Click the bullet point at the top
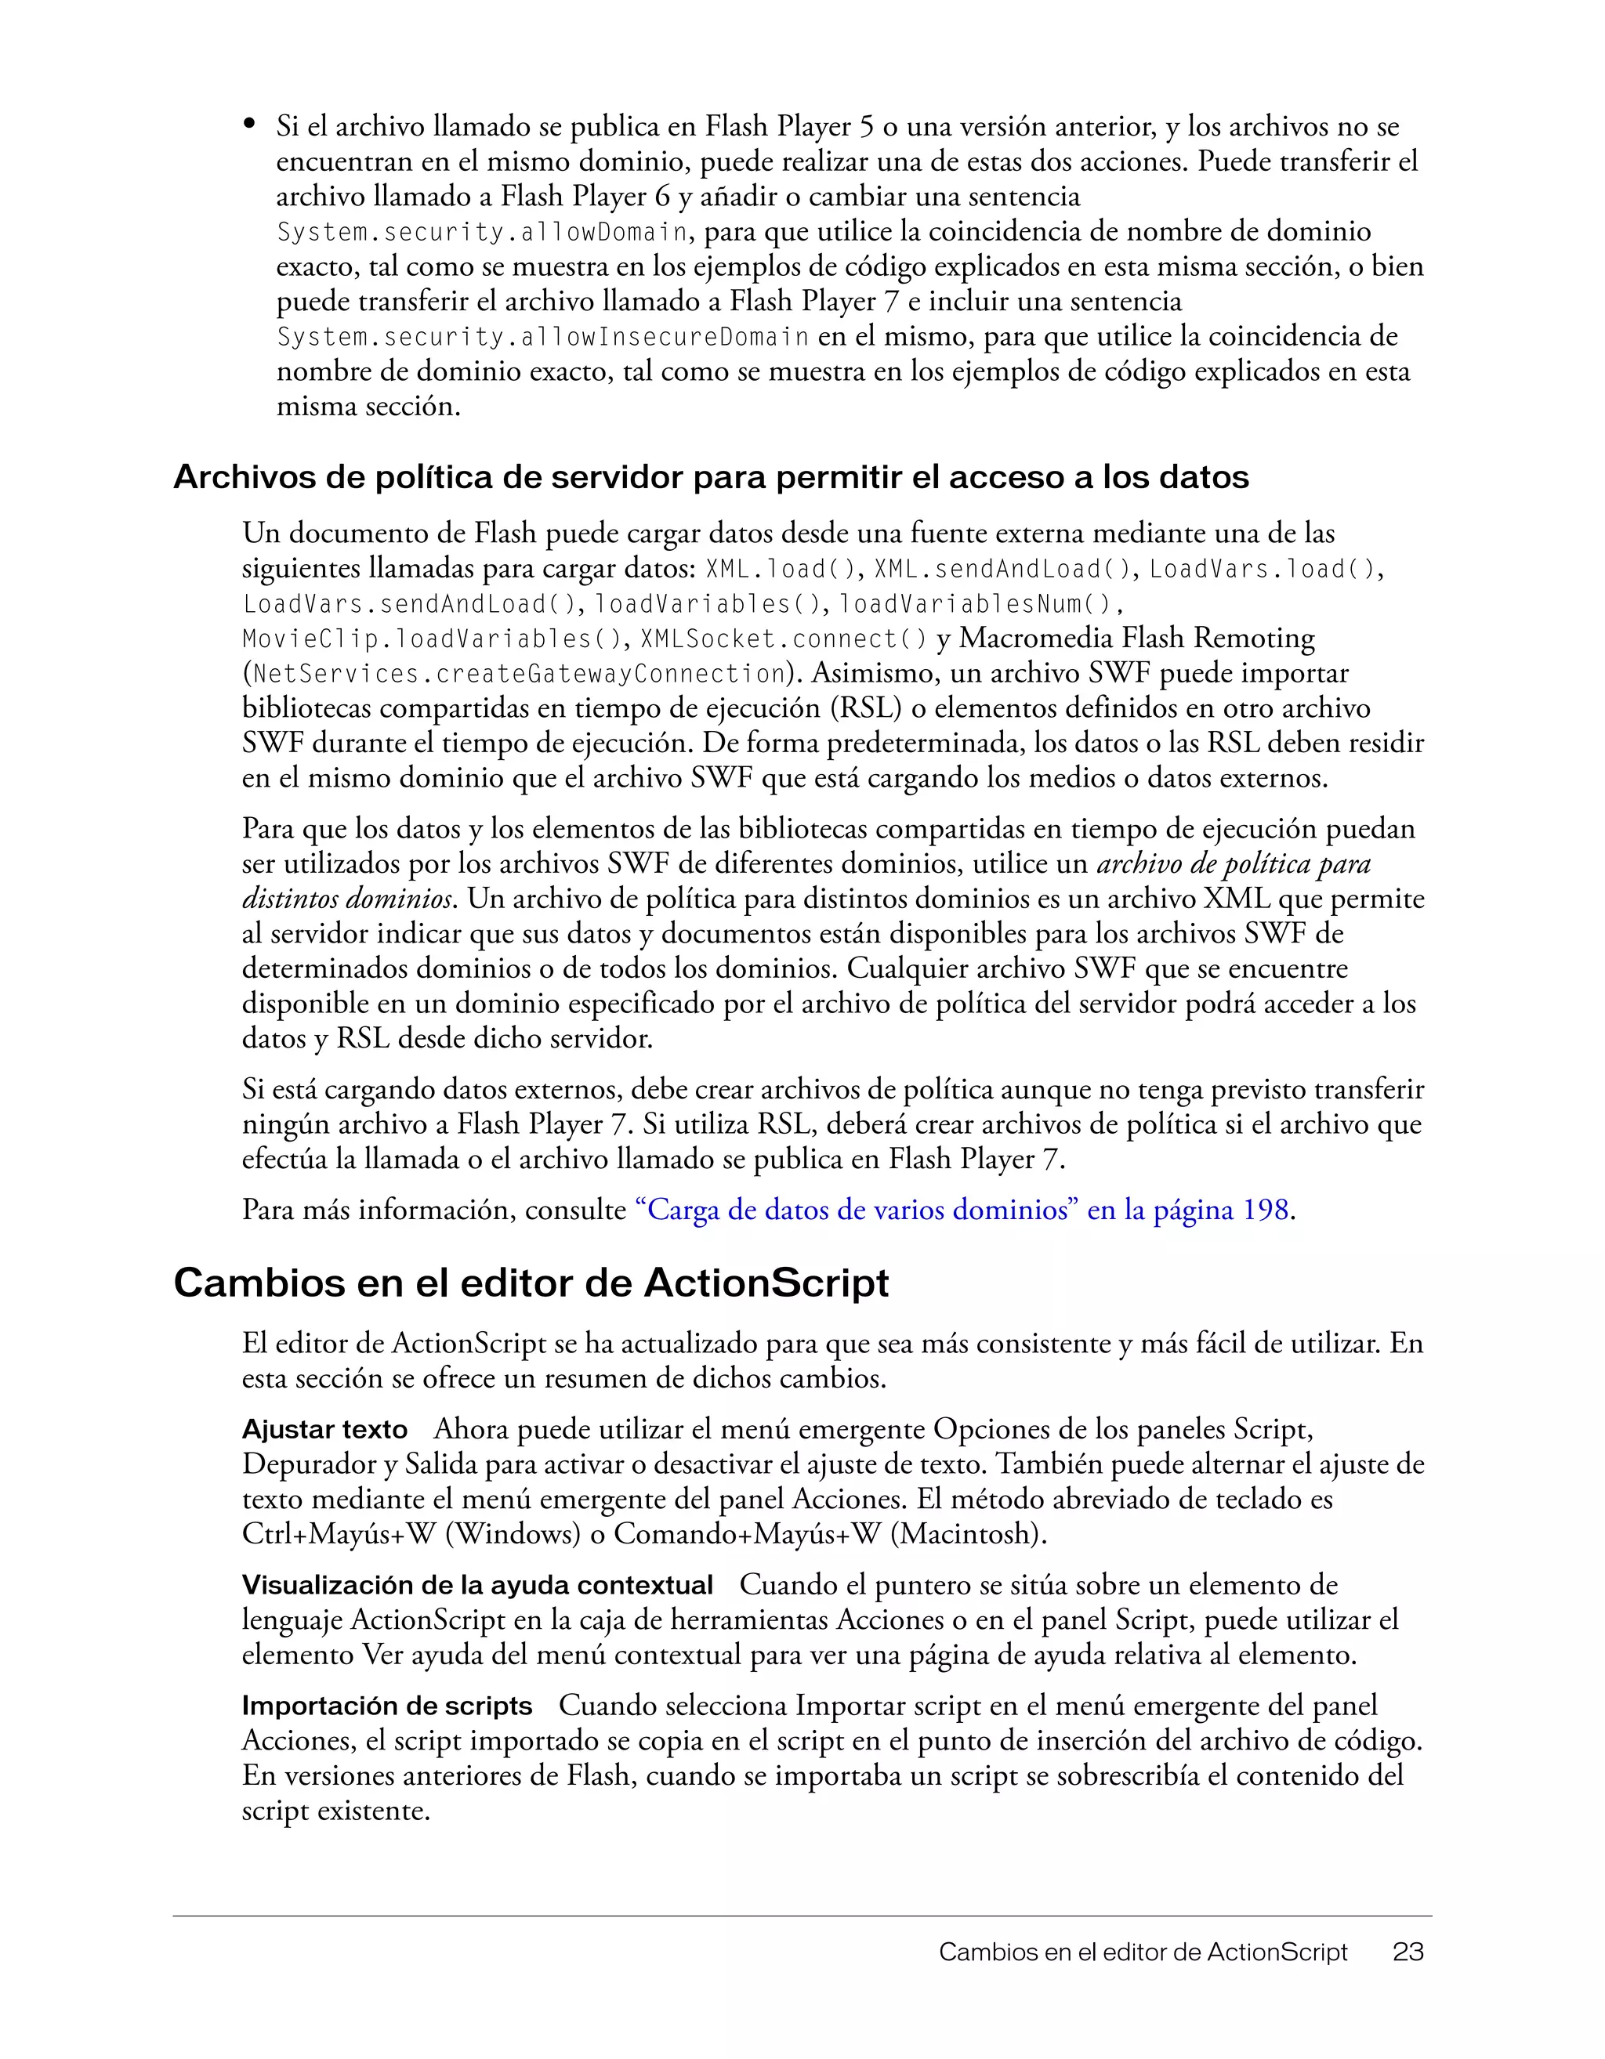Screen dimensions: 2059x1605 tap(250, 124)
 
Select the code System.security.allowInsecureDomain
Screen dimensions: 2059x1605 tap(542, 338)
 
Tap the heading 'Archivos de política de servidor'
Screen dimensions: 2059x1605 tap(710, 478)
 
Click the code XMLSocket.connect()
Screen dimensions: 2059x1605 tap(784, 640)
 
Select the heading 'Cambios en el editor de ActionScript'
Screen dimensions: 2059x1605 tap(531, 1284)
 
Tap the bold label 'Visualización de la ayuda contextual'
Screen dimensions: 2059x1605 tap(477, 1586)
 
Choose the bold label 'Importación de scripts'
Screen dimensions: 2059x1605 tap(386, 1706)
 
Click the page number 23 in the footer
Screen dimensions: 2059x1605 tap(1407, 1952)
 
